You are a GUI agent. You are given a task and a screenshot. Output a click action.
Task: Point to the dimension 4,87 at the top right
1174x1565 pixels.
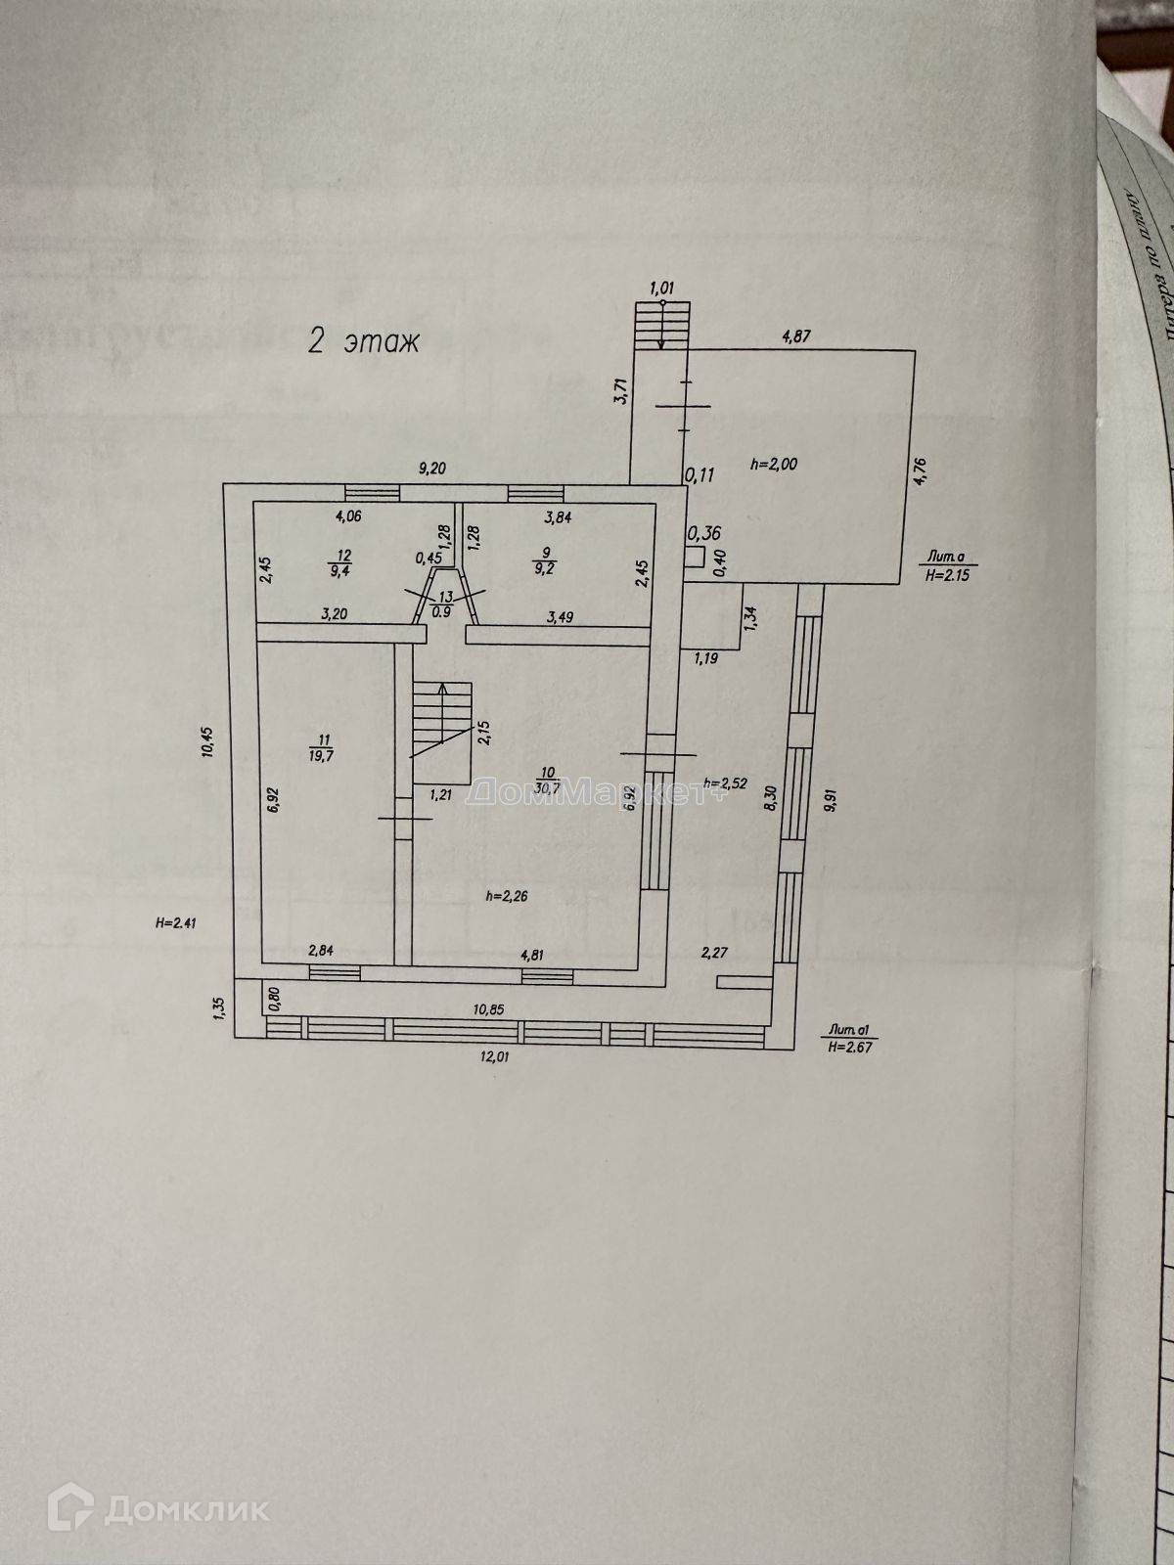tap(797, 310)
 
